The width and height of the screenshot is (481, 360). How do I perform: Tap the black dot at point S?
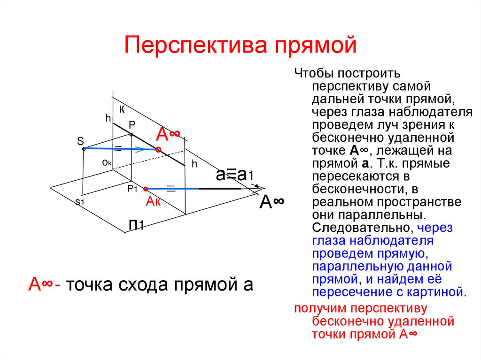click(84, 149)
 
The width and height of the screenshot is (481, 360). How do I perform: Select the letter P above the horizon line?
click(132, 125)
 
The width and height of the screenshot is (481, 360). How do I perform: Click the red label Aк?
click(154, 202)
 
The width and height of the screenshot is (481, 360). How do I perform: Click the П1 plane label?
click(137, 226)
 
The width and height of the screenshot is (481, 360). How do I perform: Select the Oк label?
click(106, 162)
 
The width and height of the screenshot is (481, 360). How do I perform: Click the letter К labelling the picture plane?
click(122, 109)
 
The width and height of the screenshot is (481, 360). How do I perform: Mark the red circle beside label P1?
click(146, 189)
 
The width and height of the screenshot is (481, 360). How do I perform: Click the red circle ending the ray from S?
click(158, 150)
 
